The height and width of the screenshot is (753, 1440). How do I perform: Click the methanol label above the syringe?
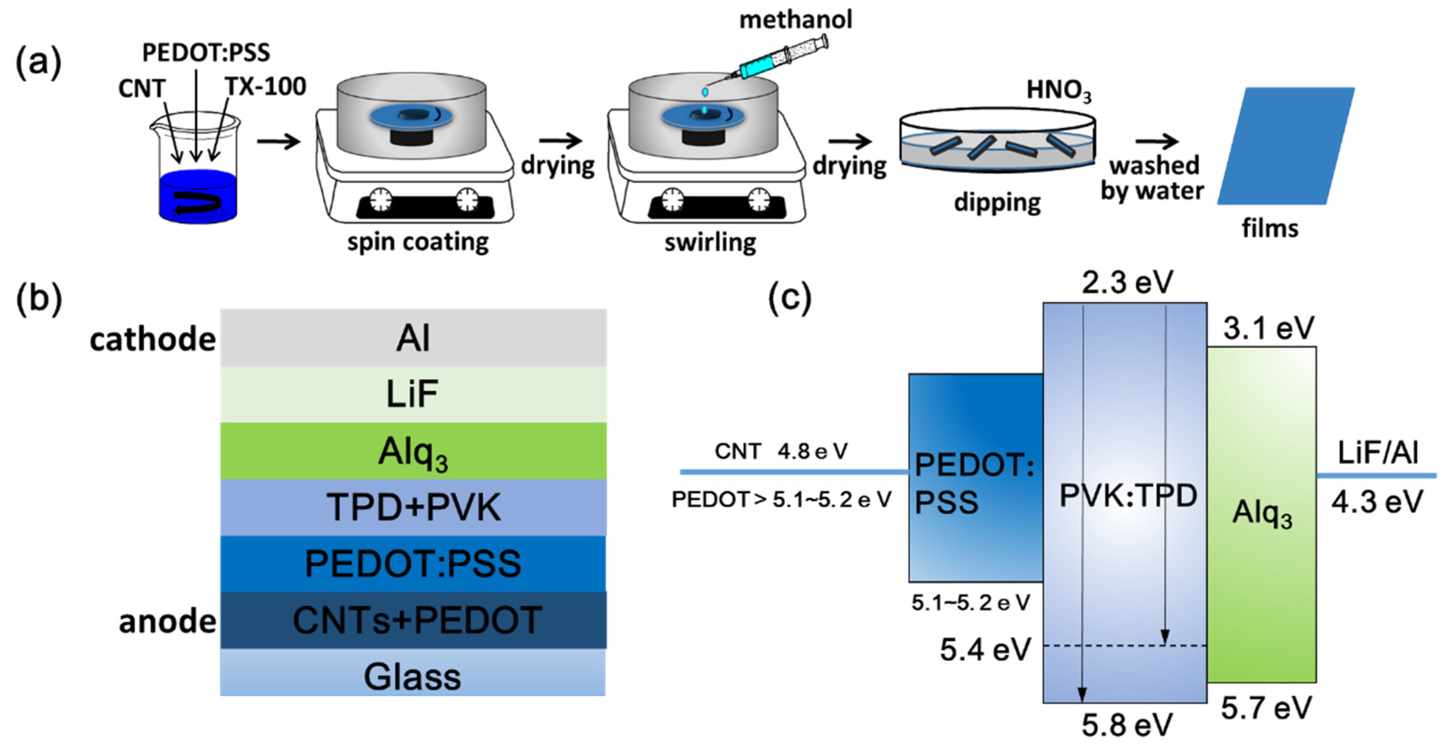[795, 20]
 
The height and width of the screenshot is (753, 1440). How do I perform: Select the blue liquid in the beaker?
[198, 196]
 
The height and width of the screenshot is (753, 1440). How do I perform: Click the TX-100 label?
[266, 87]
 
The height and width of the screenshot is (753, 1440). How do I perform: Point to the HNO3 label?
[1058, 91]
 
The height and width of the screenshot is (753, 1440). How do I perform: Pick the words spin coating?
[418, 242]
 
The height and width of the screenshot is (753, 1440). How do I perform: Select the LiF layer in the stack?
[413, 394]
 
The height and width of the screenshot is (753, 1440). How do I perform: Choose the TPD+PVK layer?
[413, 508]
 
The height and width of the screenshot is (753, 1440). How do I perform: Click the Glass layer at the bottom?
[413, 677]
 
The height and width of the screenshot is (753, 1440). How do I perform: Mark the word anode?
[167, 621]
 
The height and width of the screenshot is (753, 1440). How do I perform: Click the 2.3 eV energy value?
[1126, 282]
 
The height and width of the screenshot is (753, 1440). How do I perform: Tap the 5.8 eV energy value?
[1126, 725]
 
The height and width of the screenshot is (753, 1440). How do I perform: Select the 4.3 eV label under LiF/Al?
[1376, 502]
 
